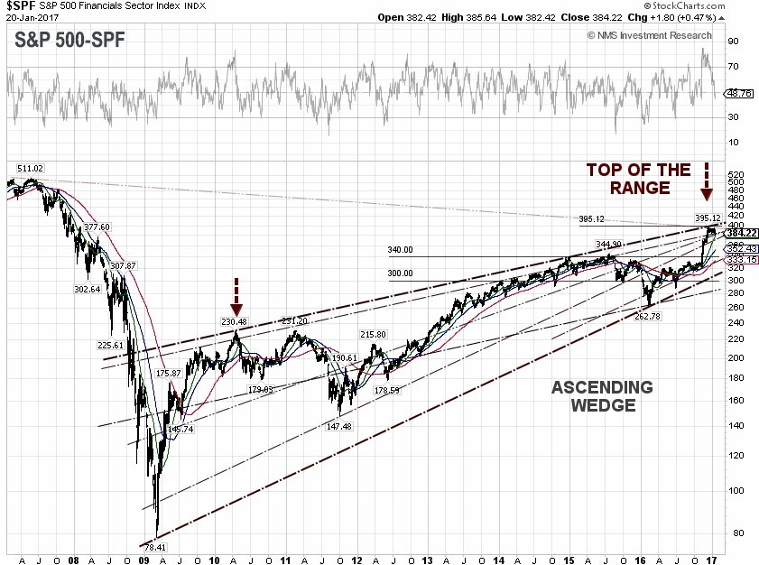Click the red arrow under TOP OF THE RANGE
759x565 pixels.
point(706,181)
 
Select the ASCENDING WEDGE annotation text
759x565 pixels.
point(602,396)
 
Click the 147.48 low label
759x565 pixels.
point(338,427)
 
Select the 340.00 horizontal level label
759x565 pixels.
point(401,250)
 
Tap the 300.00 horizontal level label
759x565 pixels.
point(401,273)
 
